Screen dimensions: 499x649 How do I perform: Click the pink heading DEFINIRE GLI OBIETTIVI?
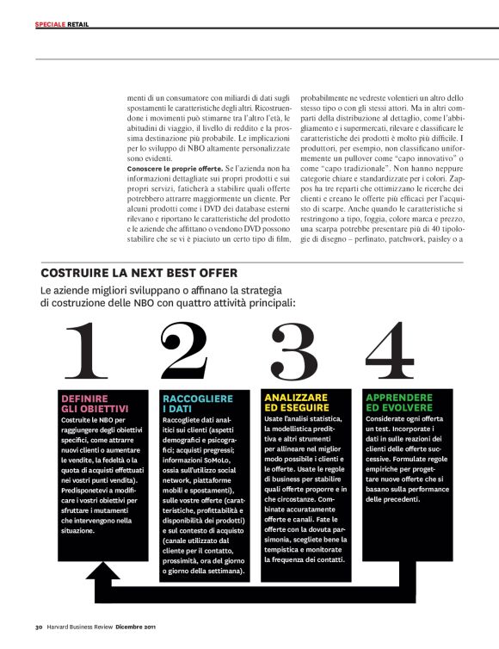click(95, 403)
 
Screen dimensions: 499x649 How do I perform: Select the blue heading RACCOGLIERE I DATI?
click(198, 403)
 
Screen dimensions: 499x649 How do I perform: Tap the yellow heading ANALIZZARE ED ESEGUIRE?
click(296, 402)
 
